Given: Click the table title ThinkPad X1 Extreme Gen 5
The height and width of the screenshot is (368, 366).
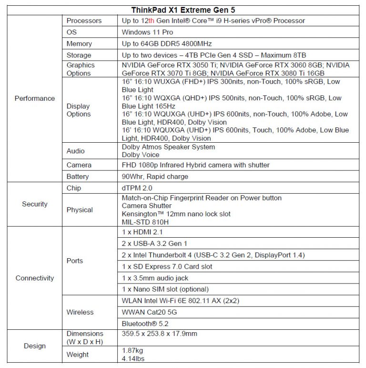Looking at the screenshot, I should [183, 10].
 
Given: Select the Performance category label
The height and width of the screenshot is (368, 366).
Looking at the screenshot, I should [35, 98].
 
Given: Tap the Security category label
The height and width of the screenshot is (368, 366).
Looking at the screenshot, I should [35, 204].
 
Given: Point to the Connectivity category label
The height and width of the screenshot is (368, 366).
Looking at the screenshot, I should [35, 278].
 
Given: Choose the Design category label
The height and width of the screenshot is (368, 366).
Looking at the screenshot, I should [35, 346].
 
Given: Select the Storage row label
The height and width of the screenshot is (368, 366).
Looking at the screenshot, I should [79, 55].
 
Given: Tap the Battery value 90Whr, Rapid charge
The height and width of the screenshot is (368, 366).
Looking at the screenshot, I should [155, 176].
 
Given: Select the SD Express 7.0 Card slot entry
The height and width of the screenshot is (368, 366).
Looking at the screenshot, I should [167, 266].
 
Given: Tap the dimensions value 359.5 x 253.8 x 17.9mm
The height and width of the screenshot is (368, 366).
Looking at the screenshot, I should [159, 334].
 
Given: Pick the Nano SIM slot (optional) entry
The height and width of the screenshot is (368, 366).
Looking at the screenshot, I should [165, 289].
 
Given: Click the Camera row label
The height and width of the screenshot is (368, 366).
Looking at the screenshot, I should [79, 165].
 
